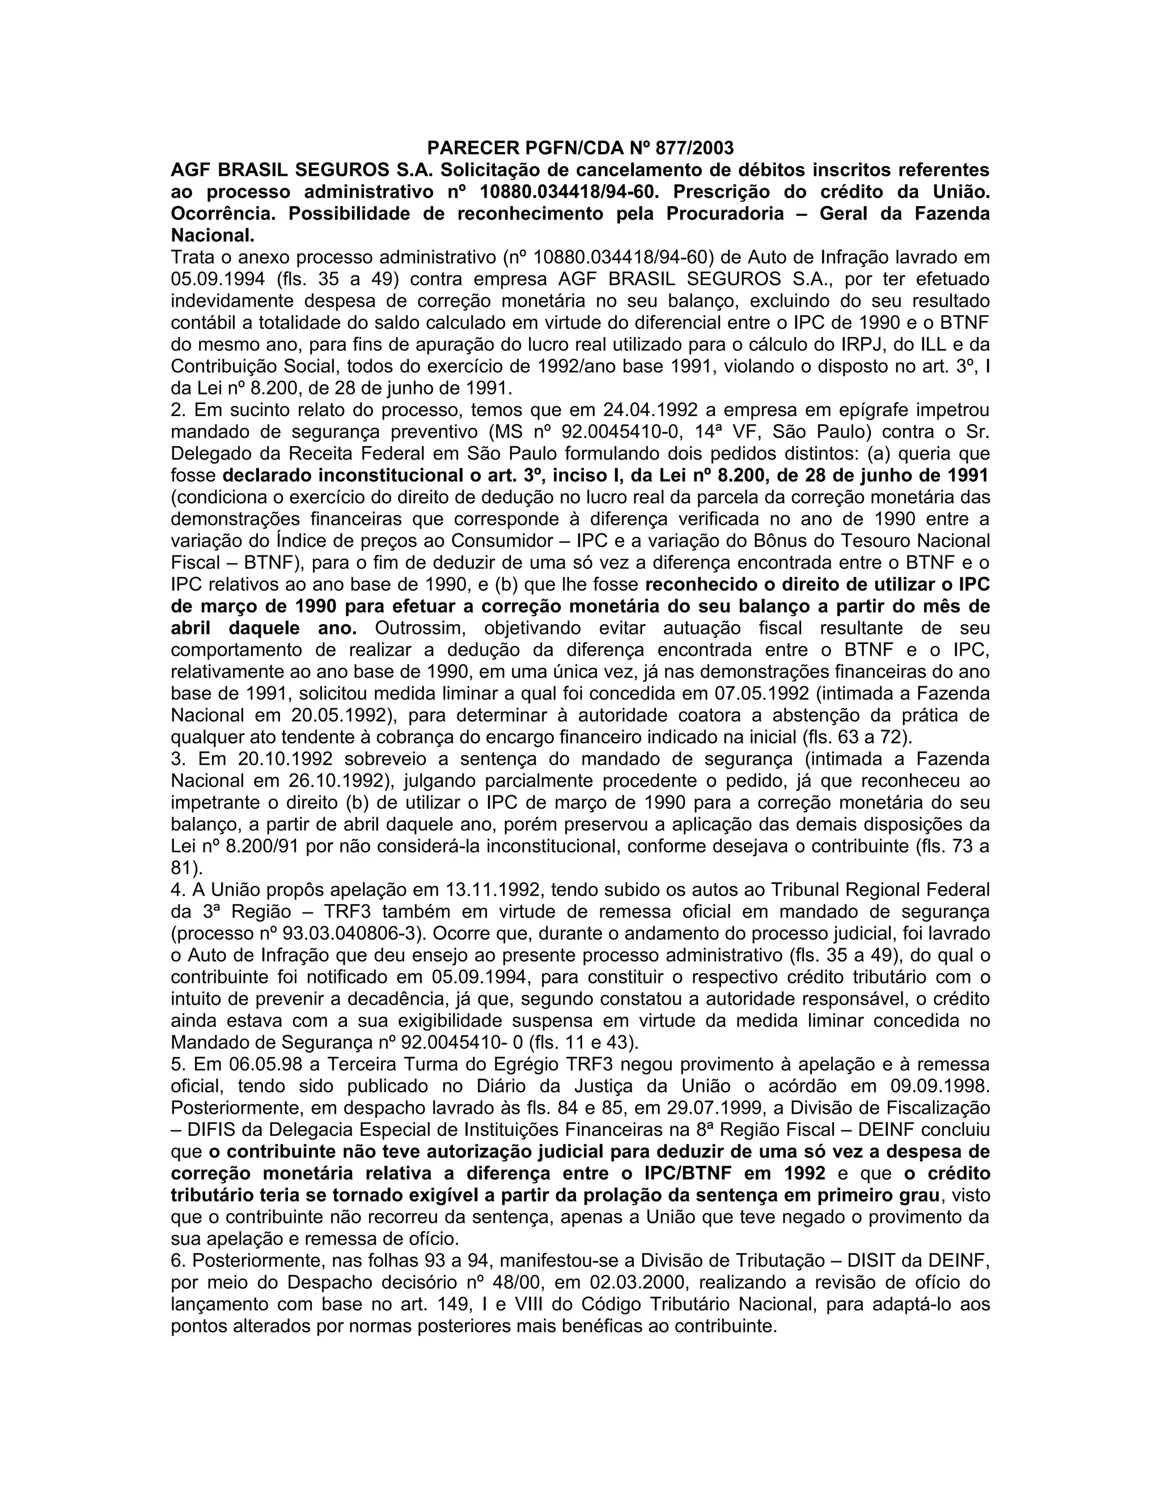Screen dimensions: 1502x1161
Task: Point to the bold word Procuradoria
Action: pos(724,213)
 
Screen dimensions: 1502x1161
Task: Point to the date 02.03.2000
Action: pos(645,1283)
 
